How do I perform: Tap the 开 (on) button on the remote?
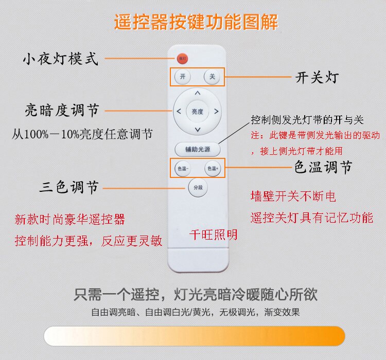click(x=182, y=77)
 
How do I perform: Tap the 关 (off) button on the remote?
click(x=212, y=77)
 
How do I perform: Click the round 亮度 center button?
click(x=197, y=111)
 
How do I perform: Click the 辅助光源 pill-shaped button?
click(x=197, y=150)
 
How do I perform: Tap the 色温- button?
click(x=183, y=168)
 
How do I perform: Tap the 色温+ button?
click(x=212, y=168)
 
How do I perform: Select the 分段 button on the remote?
click(x=197, y=187)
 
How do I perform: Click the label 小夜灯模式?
click(x=60, y=59)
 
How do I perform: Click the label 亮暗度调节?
click(x=62, y=110)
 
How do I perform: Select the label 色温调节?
click(x=323, y=168)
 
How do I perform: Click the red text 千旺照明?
click(x=214, y=235)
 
